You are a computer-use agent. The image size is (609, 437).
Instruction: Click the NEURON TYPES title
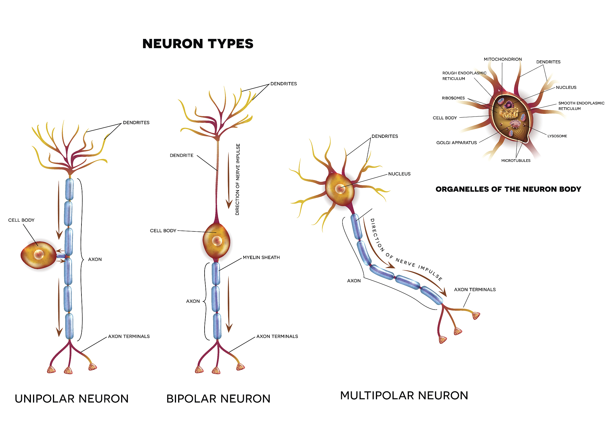[198, 44]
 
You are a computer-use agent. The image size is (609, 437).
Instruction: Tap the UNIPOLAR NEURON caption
[72, 399]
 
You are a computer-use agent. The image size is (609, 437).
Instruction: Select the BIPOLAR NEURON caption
[218, 399]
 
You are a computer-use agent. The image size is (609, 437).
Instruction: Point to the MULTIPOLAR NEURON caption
[404, 395]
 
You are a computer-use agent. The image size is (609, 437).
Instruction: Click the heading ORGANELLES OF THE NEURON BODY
[508, 189]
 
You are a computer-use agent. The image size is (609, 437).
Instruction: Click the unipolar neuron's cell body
[38, 255]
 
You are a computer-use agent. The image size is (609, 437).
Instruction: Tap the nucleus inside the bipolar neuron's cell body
[217, 241]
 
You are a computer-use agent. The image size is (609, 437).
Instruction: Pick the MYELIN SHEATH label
[261, 258]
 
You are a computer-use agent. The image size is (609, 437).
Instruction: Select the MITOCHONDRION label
[503, 59]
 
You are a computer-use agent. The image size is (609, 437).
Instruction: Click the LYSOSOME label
[557, 136]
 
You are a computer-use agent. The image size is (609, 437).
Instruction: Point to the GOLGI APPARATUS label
[456, 143]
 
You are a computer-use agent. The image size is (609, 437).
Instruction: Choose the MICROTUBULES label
[516, 161]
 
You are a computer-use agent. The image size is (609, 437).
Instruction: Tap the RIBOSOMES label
[453, 98]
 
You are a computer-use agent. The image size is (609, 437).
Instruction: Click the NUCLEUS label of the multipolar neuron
[399, 174]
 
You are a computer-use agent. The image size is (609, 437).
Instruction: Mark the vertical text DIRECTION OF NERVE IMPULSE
[238, 179]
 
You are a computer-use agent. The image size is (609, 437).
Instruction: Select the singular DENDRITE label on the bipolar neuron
[181, 155]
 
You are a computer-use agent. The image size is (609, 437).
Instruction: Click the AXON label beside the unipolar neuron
[95, 259]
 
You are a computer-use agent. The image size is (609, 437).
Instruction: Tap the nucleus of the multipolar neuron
[340, 189]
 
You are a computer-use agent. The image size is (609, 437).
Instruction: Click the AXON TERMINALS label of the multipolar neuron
[475, 290]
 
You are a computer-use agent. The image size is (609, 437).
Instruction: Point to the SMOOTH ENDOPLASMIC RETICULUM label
[581, 106]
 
